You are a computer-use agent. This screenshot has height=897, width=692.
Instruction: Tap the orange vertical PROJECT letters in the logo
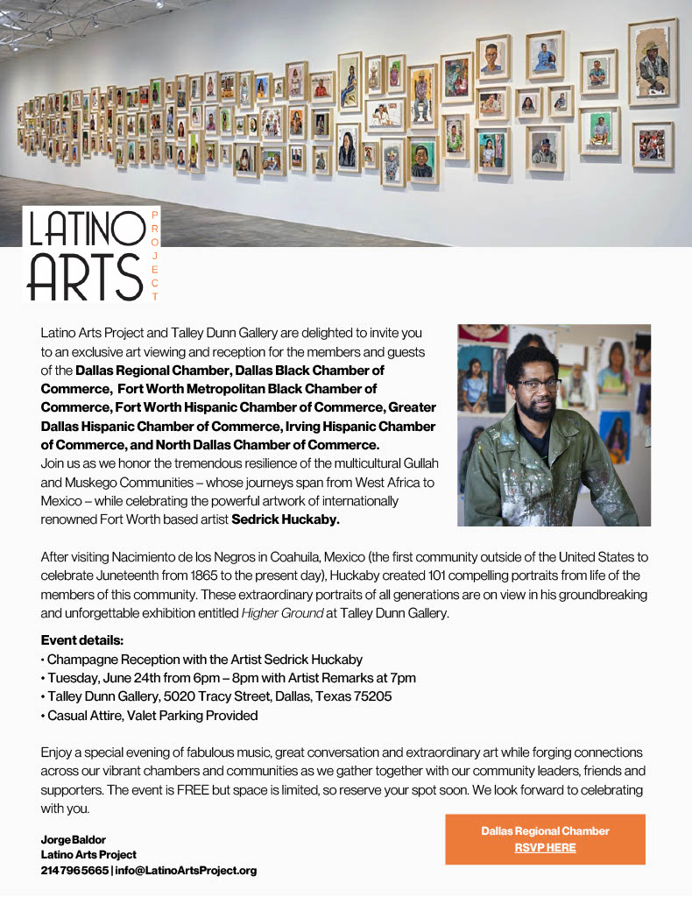155,256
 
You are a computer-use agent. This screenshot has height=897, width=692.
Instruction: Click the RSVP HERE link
545,847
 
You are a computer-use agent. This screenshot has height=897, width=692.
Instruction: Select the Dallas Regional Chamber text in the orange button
545,830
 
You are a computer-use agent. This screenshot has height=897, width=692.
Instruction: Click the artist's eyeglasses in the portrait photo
539,383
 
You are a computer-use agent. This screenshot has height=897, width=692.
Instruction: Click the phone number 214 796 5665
74,870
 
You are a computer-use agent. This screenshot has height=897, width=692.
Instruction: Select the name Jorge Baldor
73,839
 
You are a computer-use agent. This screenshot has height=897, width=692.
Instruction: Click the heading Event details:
82,640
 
